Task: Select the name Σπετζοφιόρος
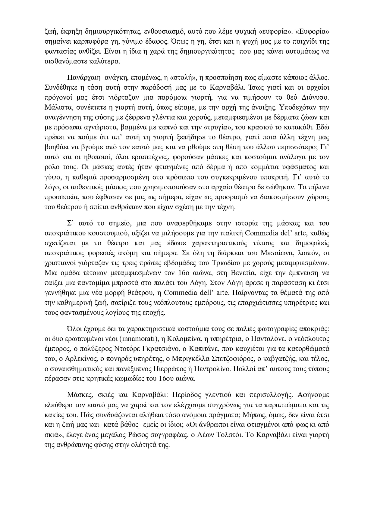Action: coord(222,359)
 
